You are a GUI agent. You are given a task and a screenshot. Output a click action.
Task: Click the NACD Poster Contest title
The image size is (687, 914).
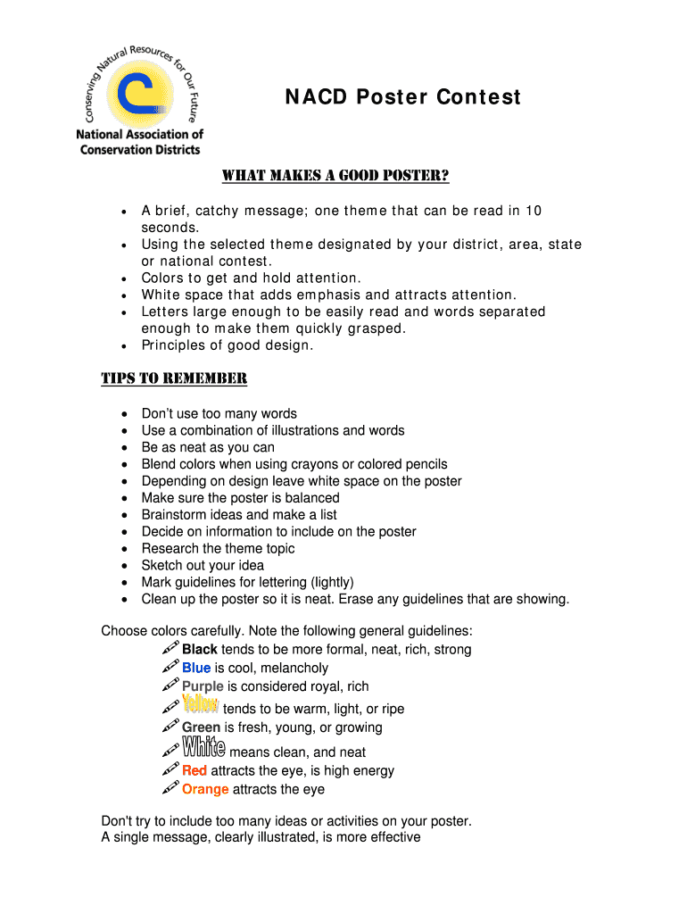402,97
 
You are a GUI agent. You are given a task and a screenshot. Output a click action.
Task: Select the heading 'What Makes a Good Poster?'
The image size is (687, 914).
335,176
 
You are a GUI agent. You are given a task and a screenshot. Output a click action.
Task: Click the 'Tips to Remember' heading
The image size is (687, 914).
173,378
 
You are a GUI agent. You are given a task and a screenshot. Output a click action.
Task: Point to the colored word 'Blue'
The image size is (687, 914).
196,669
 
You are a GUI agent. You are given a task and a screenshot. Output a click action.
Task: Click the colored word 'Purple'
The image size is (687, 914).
203,686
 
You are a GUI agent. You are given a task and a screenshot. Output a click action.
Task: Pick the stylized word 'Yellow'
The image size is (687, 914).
201,706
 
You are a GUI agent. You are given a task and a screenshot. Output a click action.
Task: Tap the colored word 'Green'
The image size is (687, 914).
202,727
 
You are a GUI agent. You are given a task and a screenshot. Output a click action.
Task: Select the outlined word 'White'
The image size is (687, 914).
203,749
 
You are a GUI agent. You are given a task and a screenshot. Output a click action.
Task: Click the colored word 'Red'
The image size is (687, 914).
195,770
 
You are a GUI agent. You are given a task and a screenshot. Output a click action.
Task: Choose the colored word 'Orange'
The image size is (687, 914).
205,789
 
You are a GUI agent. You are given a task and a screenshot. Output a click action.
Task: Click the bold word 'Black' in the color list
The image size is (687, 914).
200,650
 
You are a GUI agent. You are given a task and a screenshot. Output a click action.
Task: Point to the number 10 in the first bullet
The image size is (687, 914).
533,211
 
